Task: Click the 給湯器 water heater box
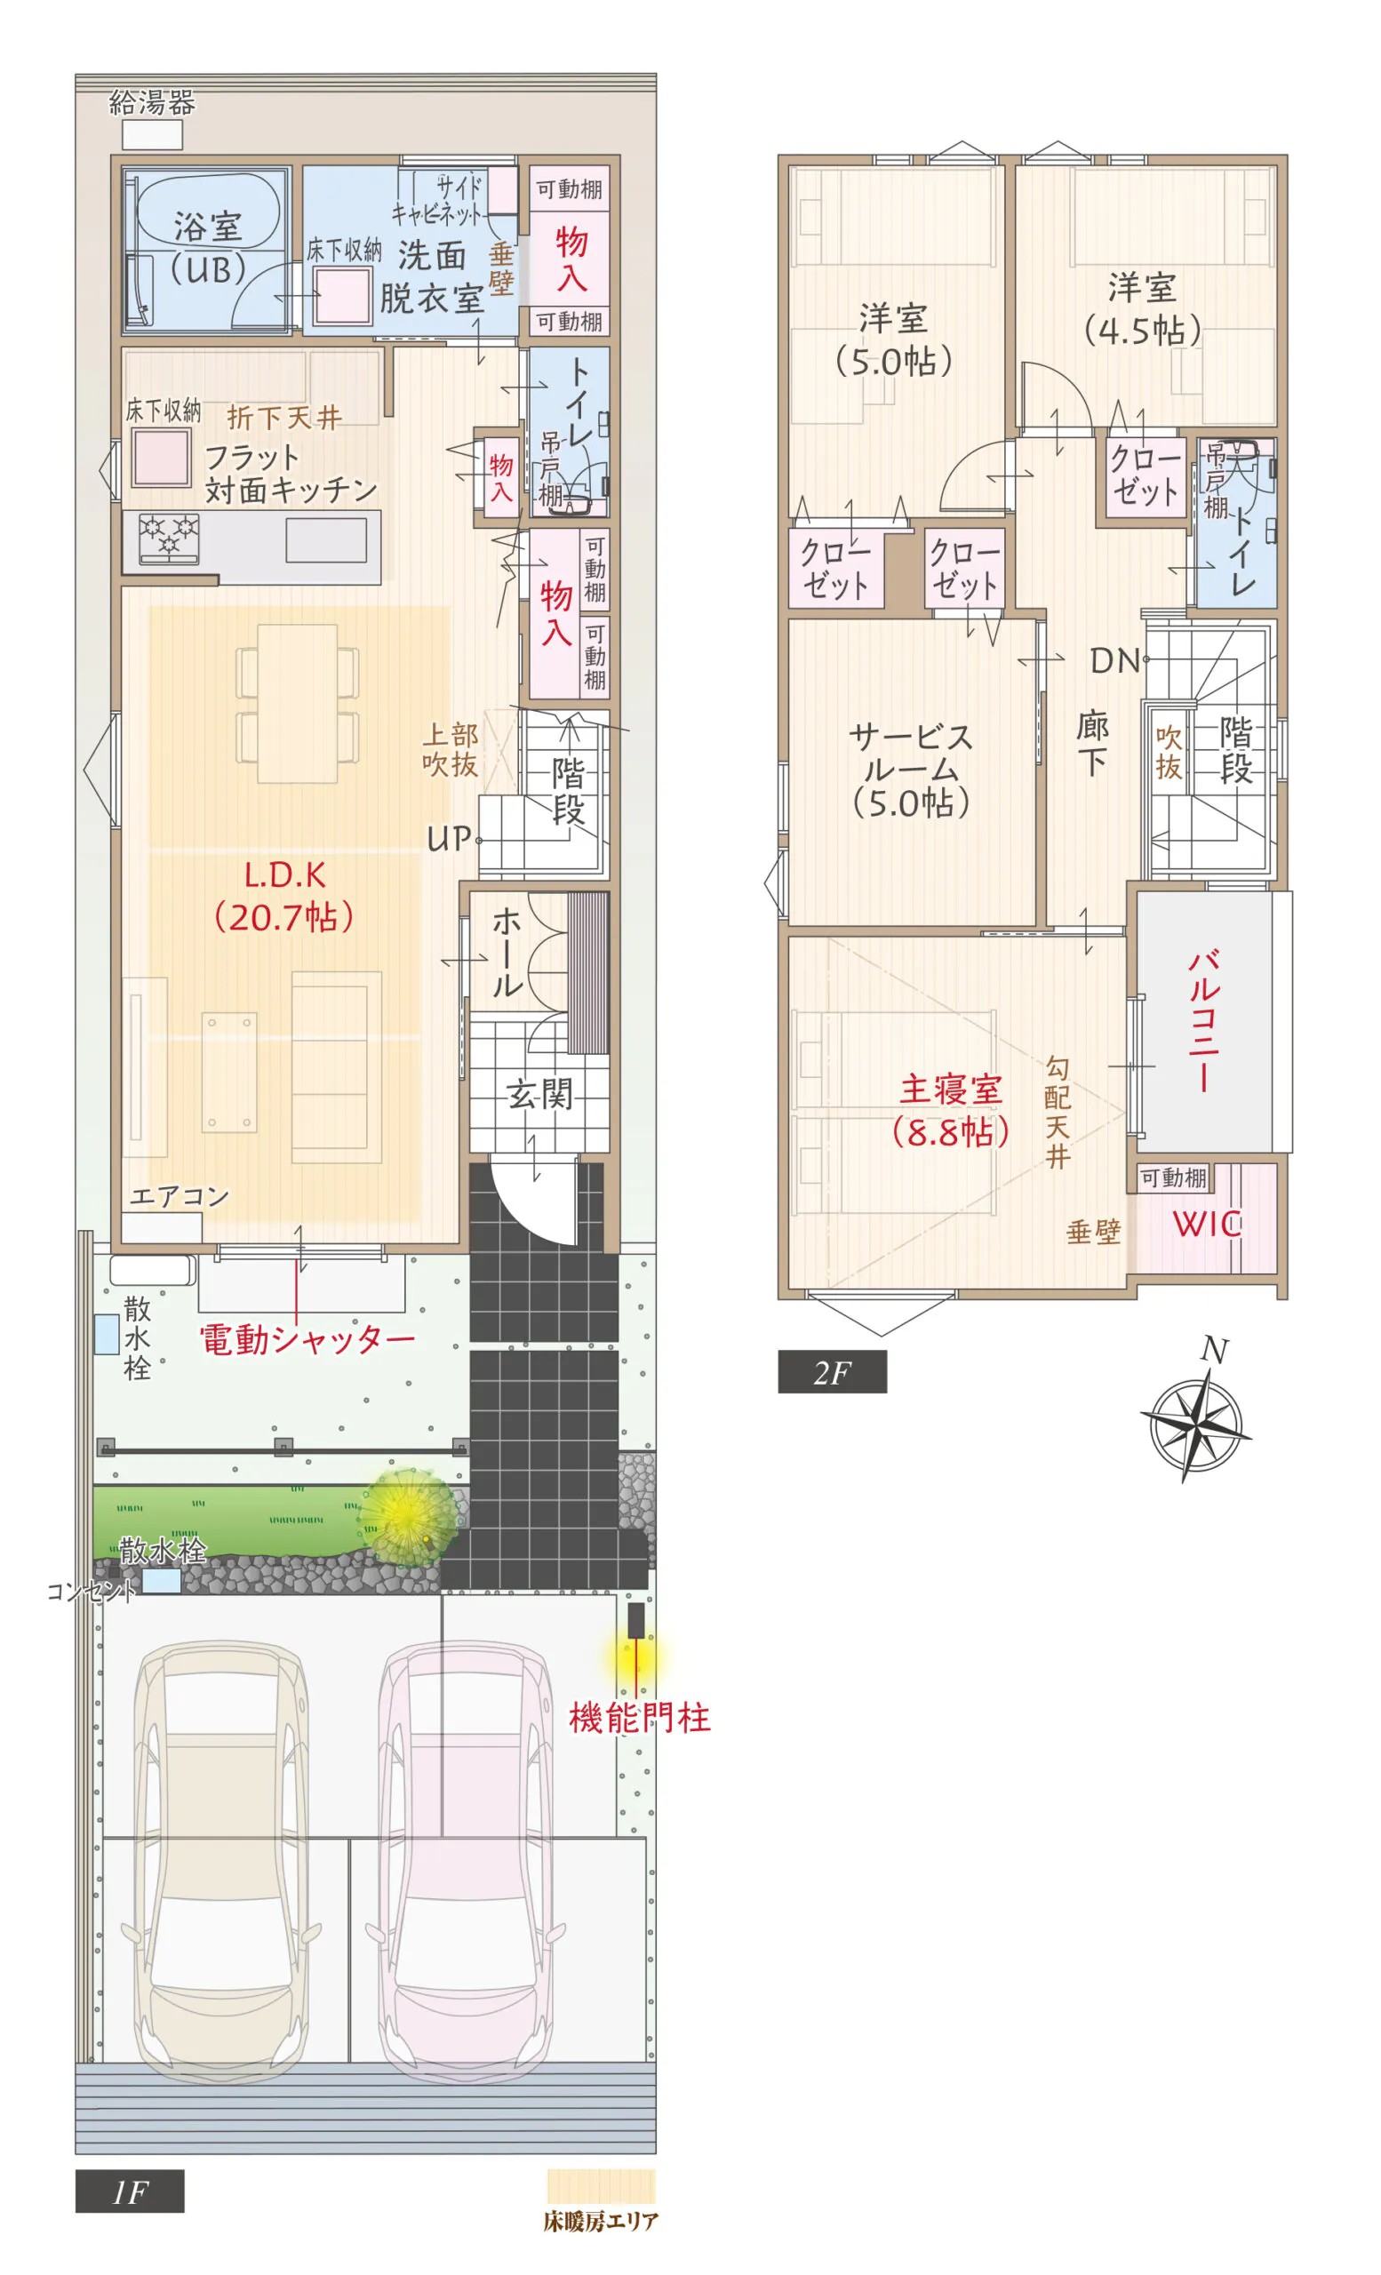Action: [x=152, y=135]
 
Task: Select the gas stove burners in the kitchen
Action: [x=169, y=539]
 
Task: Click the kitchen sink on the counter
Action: [x=326, y=540]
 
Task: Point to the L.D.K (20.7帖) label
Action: [x=284, y=896]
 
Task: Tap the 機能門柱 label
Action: [x=640, y=1719]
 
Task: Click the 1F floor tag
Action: [x=130, y=2191]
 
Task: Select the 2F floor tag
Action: [x=832, y=1373]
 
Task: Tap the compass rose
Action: [x=1195, y=1425]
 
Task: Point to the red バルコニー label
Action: [x=1204, y=1021]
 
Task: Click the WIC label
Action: [x=1207, y=1225]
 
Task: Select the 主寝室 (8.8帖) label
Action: [x=950, y=1111]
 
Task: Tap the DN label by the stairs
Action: [x=1115, y=660]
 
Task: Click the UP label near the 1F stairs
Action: [x=450, y=838]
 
